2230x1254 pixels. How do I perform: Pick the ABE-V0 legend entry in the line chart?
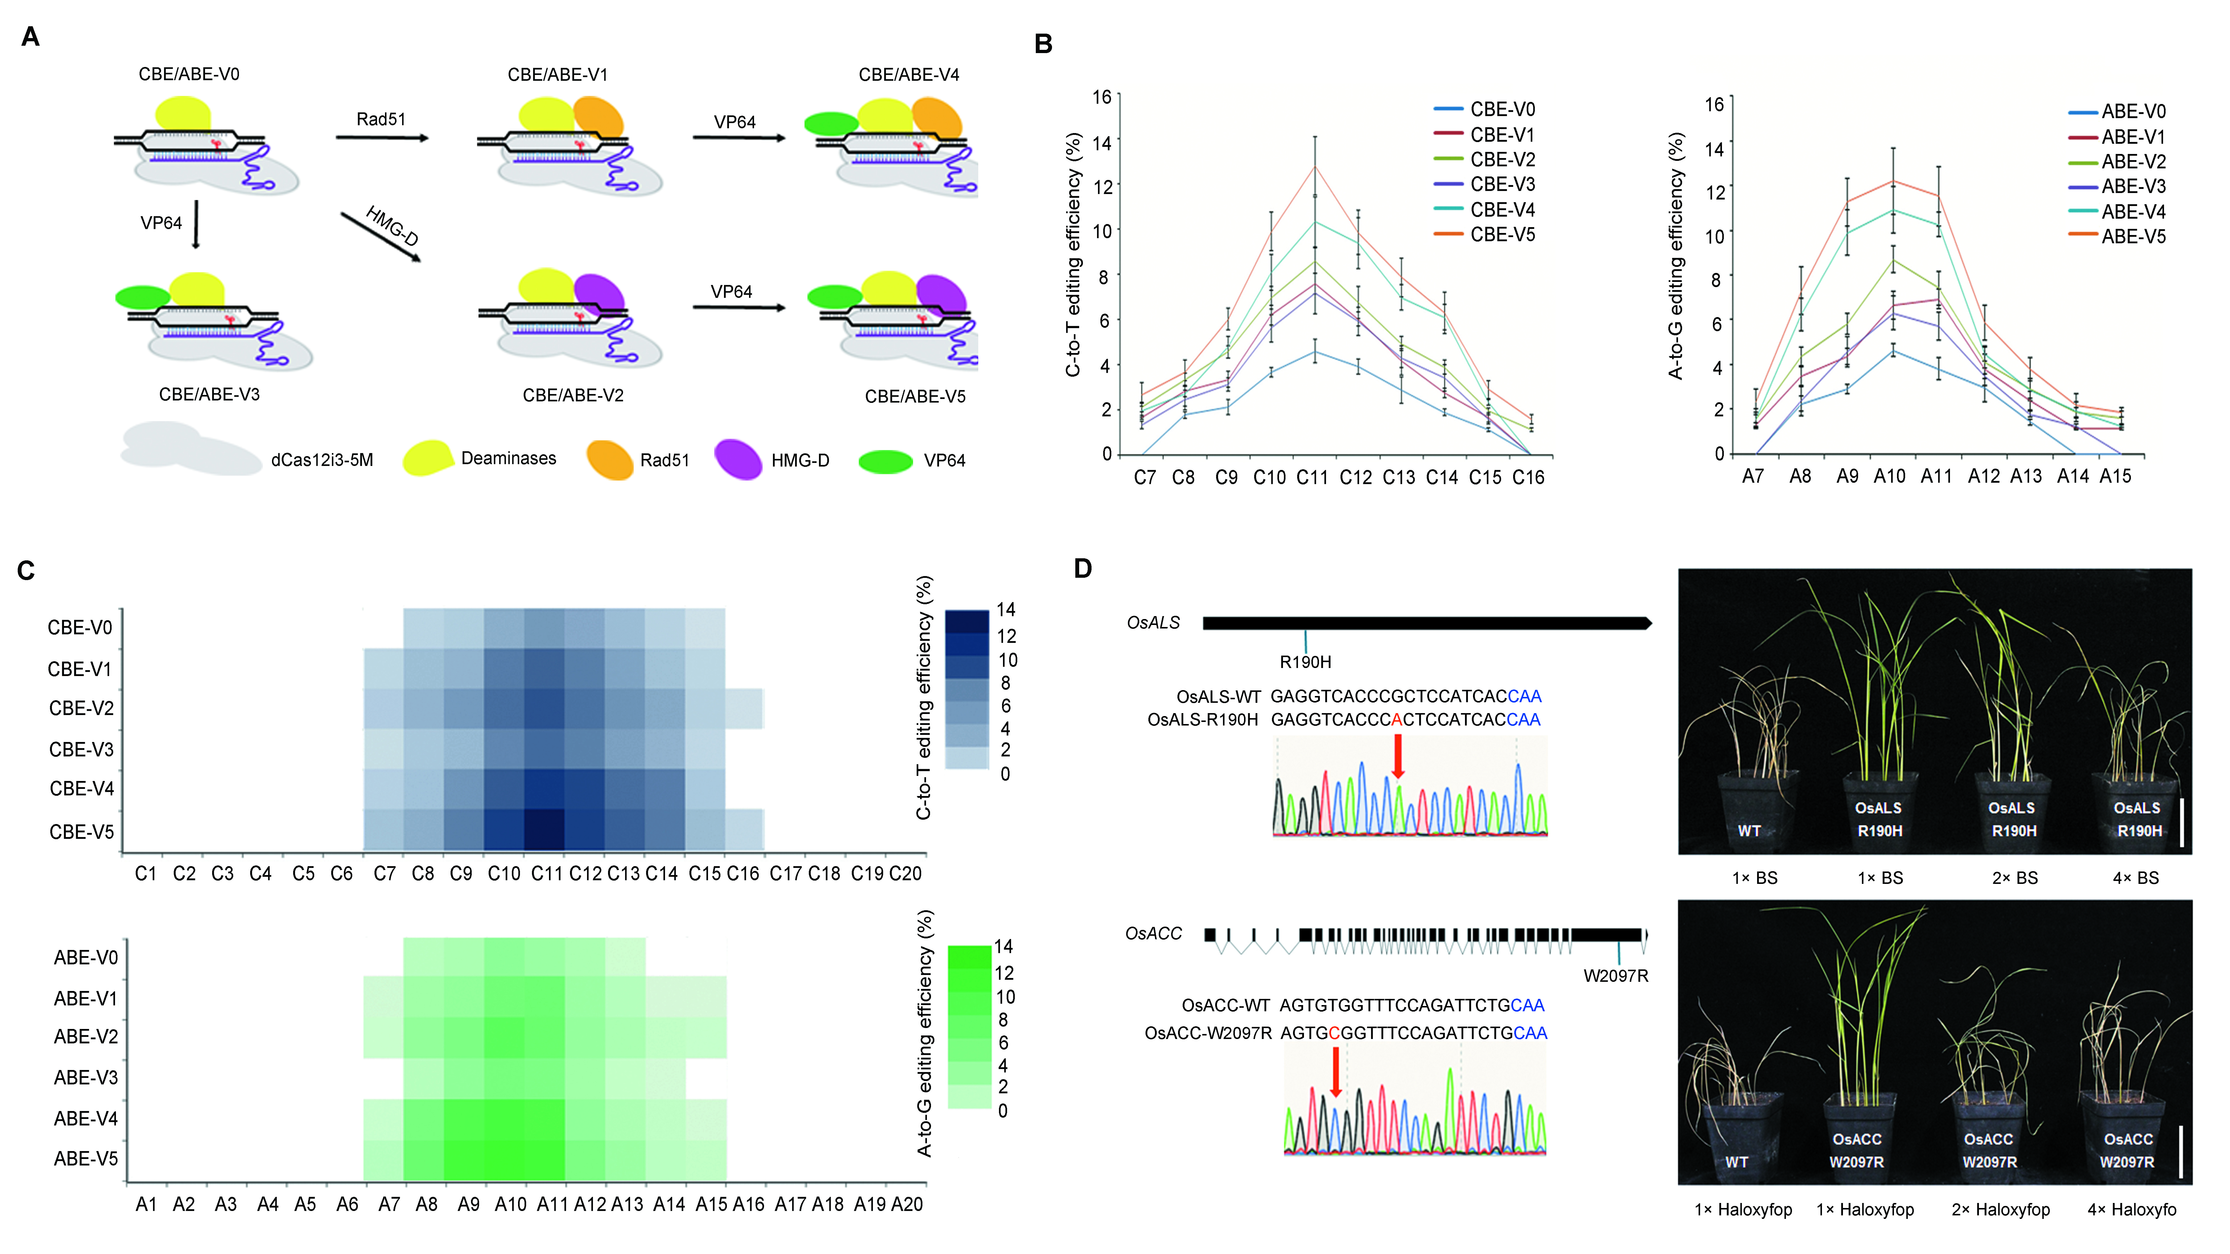coord(2133,112)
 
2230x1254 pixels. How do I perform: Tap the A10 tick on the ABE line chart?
coord(1890,476)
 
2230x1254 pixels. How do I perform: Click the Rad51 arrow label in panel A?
coord(381,119)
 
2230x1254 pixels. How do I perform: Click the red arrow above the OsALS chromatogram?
coord(1397,756)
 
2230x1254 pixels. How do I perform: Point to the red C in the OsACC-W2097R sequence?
coord(1334,1033)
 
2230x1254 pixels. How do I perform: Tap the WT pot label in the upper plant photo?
coord(1749,831)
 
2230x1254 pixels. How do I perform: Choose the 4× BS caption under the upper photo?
coord(2136,878)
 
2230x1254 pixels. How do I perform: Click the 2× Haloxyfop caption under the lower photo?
coord(2000,1210)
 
